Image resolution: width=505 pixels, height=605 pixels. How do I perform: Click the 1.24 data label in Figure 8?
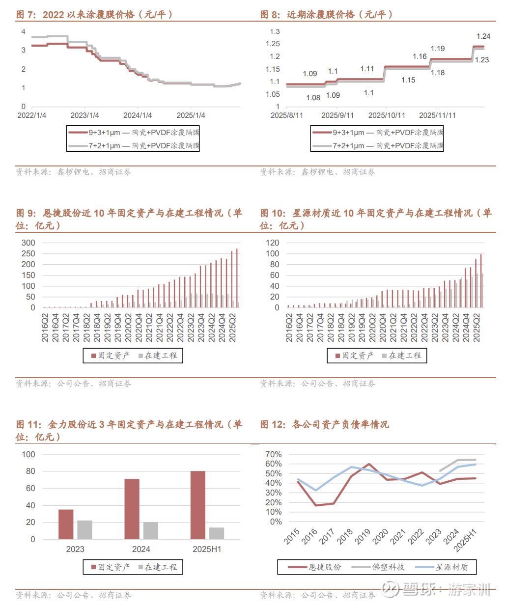[483, 36]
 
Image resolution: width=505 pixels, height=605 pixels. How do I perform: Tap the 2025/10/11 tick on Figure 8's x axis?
[387, 115]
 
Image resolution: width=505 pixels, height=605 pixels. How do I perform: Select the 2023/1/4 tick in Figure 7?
[84, 115]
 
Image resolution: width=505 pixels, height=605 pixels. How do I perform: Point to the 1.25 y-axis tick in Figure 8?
[273, 44]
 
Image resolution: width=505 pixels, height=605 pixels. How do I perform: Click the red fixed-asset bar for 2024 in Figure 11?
[132, 509]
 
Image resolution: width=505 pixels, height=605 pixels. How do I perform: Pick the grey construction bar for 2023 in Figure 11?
[84, 529]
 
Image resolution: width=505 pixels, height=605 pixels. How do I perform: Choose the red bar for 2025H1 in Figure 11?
[198, 505]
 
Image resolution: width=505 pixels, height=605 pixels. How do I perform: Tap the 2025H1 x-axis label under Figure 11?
[207, 549]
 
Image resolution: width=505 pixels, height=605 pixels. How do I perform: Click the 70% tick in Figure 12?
[274, 454]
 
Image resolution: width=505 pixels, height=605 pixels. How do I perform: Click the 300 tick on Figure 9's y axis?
[28, 243]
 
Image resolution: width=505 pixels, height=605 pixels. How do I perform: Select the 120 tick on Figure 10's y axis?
[272, 243]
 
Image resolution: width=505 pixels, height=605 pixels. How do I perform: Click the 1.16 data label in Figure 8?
[420, 56]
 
